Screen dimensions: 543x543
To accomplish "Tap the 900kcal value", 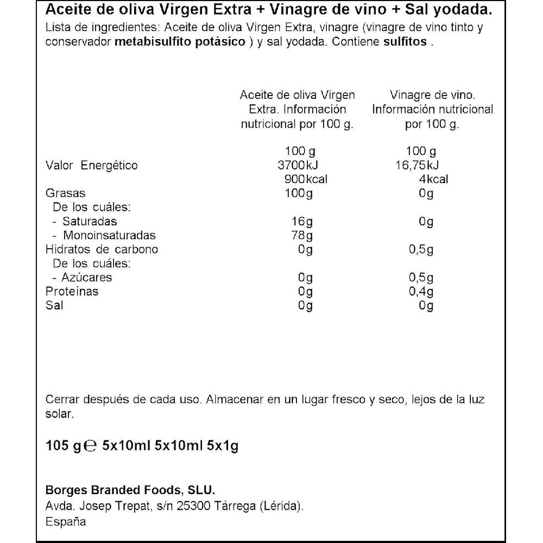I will (306, 180).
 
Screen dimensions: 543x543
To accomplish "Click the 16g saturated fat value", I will (305, 222).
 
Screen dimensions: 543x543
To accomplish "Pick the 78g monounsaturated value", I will (305, 236).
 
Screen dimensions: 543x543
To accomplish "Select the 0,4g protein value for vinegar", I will (421, 292).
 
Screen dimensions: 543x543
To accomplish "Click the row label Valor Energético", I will (92, 166).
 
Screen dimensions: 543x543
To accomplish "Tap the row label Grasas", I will (66, 193).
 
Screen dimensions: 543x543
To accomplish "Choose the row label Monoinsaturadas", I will (109, 236).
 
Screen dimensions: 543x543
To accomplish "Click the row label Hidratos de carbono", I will (102, 250).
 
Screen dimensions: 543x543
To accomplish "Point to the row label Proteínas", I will (72, 292).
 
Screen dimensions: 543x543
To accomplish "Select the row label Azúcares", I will (87, 277).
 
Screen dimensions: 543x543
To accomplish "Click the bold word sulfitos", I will (405, 43).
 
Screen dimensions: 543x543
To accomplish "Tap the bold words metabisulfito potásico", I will (180, 43).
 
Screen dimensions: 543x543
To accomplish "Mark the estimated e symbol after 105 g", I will (91, 447).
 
